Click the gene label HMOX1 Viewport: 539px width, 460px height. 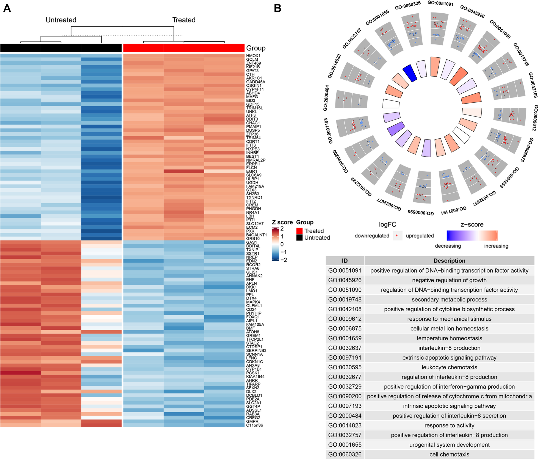tap(253, 56)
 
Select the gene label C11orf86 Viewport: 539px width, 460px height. tap(254, 425)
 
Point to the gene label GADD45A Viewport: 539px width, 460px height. tap(255, 82)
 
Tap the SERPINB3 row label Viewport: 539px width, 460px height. tap(256, 350)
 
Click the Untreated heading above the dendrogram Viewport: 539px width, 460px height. tap(61, 20)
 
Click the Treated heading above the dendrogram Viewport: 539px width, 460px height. tap(184, 20)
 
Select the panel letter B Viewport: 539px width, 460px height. tap(277, 8)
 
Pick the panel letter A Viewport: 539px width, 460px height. tap(7, 8)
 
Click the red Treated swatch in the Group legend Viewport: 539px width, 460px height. tap(299, 231)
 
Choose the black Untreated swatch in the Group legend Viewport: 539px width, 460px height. tap(299, 237)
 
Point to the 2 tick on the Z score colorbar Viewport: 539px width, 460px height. tap(282, 229)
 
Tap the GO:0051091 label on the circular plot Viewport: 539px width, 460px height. tap(440, 4)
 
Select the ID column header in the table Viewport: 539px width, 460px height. tap(345, 261)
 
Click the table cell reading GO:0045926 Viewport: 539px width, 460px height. tap(345, 280)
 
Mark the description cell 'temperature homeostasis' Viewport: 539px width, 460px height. tap(449, 338)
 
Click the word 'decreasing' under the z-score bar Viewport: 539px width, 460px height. tap(448, 246)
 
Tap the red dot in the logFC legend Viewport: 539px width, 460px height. tap(397, 236)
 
